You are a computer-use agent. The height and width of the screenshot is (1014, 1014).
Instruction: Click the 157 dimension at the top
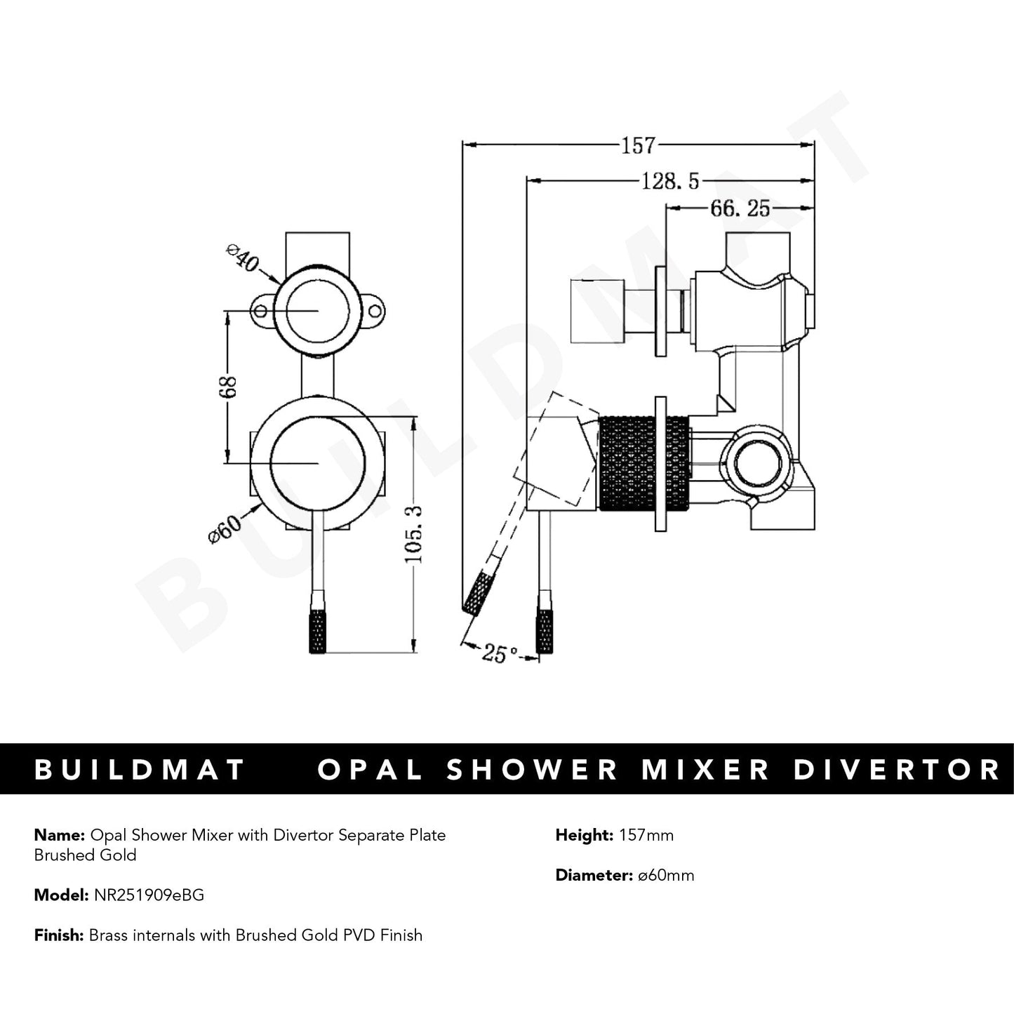pyautogui.click(x=638, y=145)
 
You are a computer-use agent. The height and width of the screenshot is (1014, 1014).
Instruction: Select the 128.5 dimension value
pyautogui.click(x=670, y=182)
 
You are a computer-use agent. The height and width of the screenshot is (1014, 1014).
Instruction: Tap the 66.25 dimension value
pyautogui.click(x=740, y=208)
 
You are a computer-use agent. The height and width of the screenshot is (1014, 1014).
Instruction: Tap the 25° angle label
pyautogui.click(x=500, y=654)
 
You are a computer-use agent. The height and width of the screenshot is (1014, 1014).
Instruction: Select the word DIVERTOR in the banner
pyautogui.click(x=896, y=770)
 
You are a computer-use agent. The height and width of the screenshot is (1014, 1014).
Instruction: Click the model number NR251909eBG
pyautogui.click(x=147, y=895)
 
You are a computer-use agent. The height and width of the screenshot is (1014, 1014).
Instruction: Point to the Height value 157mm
pyautogui.click(x=646, y=835)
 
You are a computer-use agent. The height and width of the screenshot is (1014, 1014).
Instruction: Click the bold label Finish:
pyautogui.click(x=59, y=935)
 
